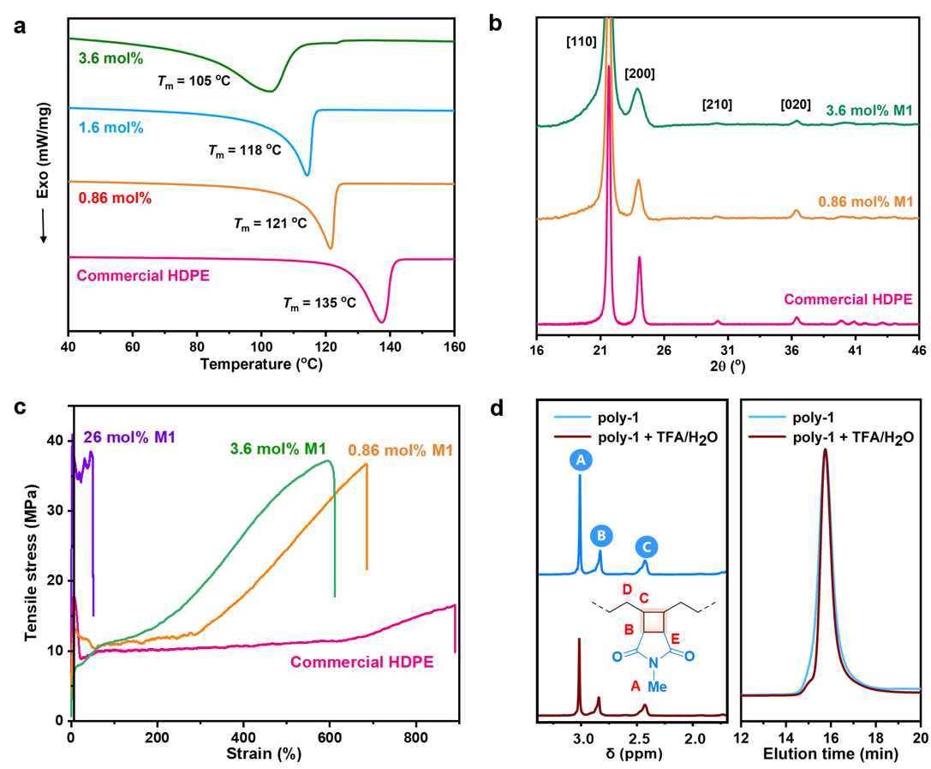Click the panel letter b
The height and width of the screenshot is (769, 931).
[495, 24]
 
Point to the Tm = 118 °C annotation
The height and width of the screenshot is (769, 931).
[254, 150]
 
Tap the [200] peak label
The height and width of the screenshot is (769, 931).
[639, 74]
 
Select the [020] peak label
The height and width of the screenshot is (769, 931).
[796, 105]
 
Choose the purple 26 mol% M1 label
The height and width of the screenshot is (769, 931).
[129, 438]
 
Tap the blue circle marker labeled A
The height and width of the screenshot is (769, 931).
[580, 461]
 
